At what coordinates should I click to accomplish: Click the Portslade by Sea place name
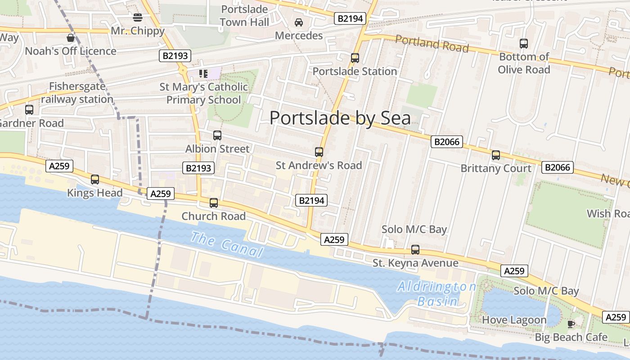340,118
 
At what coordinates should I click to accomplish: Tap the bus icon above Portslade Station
355,58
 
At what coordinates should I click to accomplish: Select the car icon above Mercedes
298,22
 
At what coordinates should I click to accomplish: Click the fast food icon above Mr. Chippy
138,18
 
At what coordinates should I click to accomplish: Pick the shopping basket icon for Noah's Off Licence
71,37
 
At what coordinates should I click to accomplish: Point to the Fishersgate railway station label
77,93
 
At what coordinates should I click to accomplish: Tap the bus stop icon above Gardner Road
29,109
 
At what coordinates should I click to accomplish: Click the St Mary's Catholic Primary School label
204,93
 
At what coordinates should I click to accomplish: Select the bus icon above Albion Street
217,135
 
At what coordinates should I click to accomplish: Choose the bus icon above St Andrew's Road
319,152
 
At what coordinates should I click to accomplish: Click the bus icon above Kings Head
95,180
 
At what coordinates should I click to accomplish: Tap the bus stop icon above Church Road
214,203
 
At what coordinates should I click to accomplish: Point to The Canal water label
226,244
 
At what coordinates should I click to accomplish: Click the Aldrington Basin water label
436,293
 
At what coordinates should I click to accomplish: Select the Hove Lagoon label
514,320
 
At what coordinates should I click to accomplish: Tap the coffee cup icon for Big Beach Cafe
571,324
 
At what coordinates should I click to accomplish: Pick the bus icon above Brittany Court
496,155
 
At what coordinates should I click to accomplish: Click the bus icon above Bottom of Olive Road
524,44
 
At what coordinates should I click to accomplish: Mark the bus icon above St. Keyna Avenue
415,250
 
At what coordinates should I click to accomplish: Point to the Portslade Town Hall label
245,15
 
